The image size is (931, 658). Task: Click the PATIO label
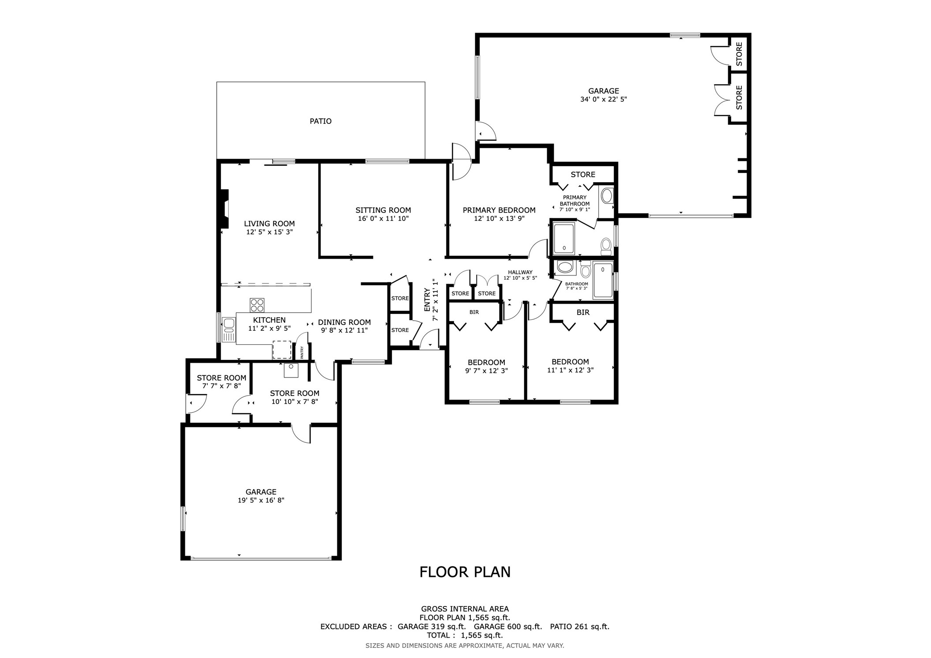(x=320, y=121)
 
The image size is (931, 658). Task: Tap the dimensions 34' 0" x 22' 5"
(x=603, y=99)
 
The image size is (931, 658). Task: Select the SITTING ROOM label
(x=383, y=210)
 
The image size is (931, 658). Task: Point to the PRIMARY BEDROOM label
(x=499, y=210)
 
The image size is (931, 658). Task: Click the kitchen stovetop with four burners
(x=257, y=305)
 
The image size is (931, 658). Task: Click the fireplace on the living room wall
(x=225, y=209)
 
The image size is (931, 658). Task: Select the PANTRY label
(x=302, y=352)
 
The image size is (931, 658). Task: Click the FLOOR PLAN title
(x=465, y=572)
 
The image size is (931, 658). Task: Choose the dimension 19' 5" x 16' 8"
(x=261, y=500)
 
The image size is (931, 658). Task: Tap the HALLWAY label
(x=520, y=272)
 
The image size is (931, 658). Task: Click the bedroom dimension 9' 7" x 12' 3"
(x=487, y=371)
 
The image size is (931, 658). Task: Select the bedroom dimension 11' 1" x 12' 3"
(x=570, y=370)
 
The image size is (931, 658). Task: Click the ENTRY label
(x=427, y=300)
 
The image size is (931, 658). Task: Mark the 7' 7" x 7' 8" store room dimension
(x=221, y=386)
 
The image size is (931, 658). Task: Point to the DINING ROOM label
(x=344, y=322)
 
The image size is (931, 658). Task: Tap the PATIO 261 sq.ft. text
(x=580, y=626)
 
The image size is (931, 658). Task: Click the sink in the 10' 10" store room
(x=291, y=370)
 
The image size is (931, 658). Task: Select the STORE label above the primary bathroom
(x=583, y=175)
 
